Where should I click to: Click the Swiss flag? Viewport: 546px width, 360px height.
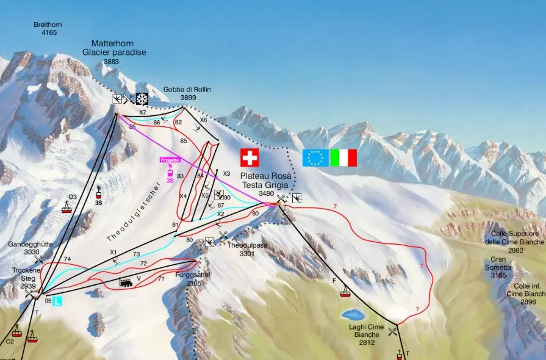pyautogui.click(x=249, y=157)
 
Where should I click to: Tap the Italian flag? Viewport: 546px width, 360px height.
pyautogui.click(x=343, y=157)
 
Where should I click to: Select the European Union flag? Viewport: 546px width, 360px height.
pyautogui.click(x=315, y=157)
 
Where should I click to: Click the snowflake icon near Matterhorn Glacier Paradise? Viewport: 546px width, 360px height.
pyautogui.click(x=142, y=99)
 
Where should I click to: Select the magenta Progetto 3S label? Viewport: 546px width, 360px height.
pyautogui.click(x=170, y=160)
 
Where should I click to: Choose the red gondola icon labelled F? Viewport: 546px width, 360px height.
pyautogui.click(x=345, y=292)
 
